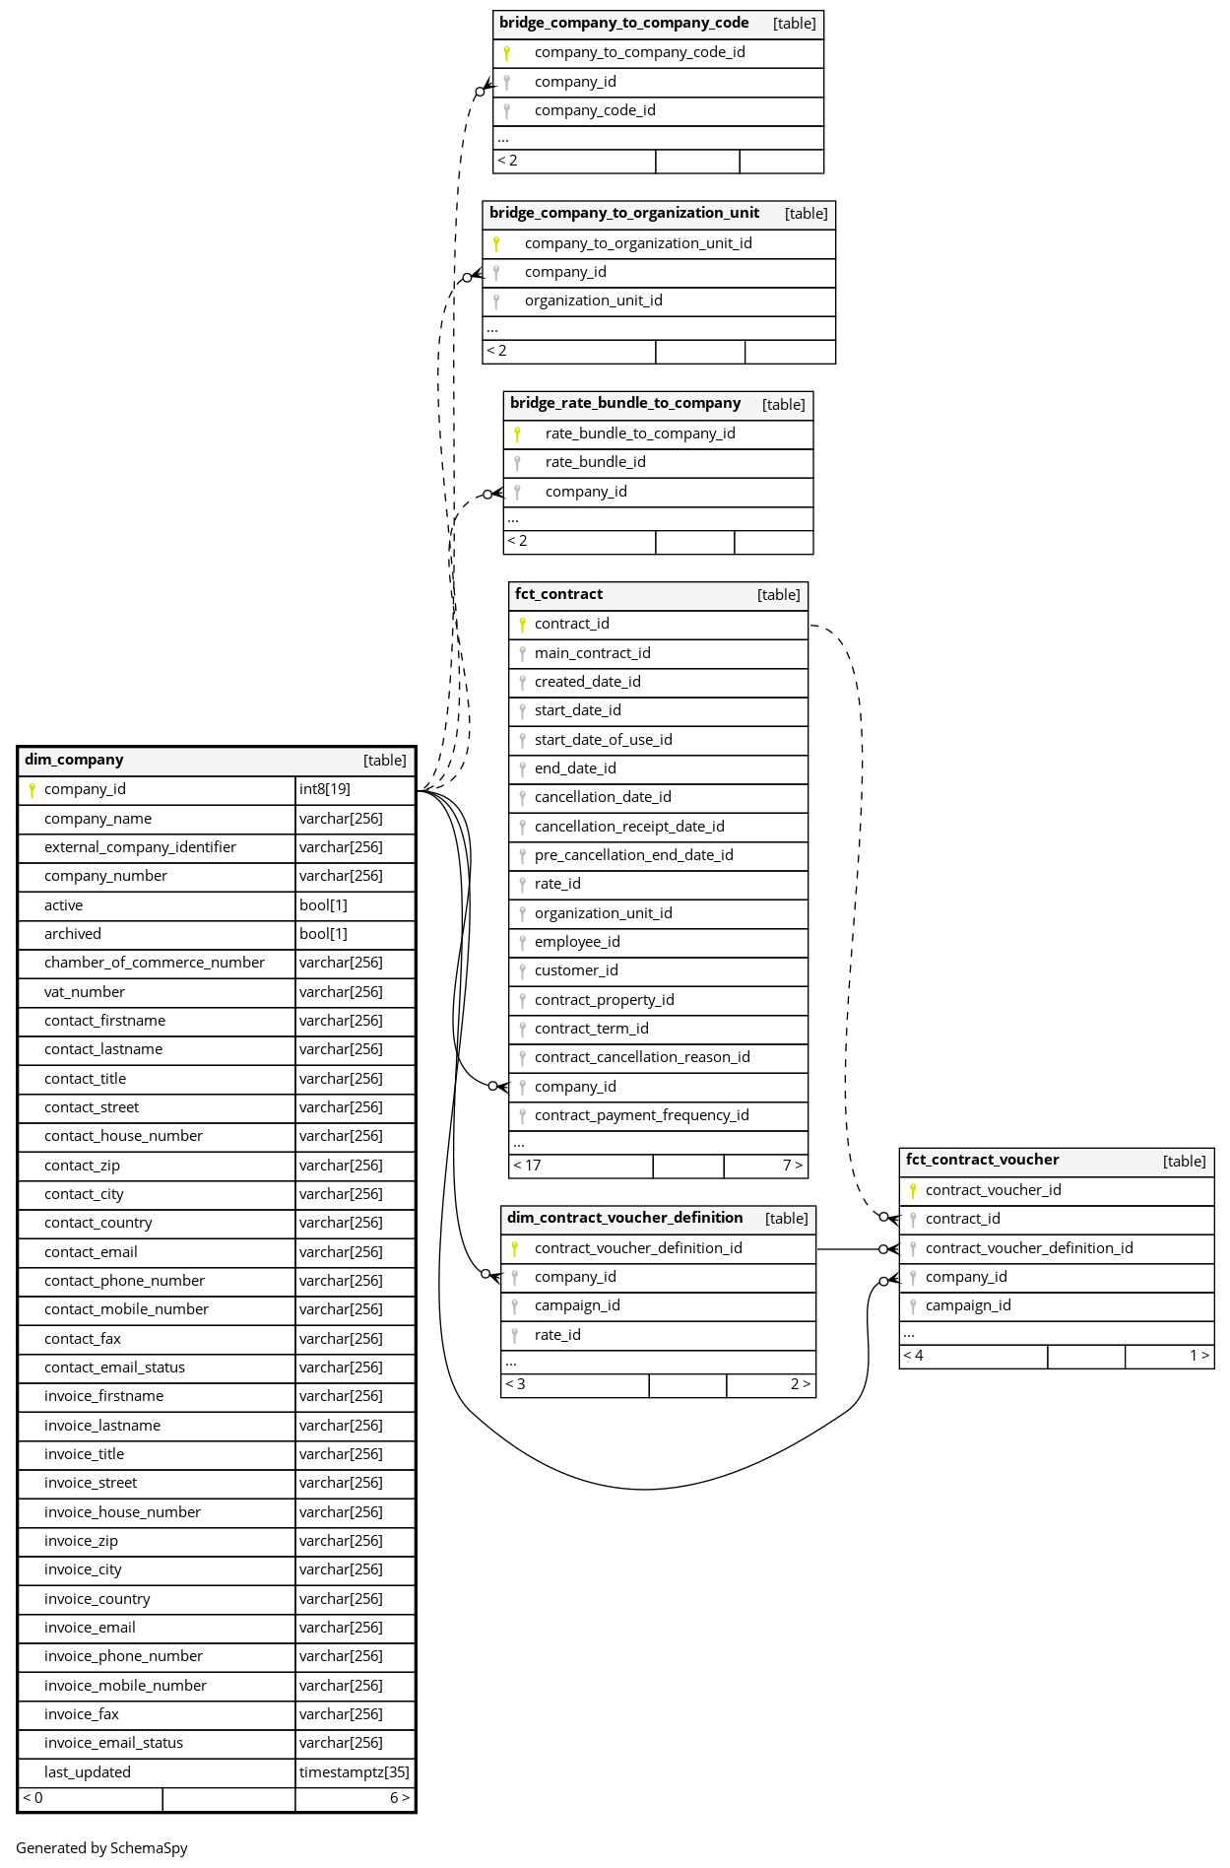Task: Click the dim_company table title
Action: tap(75, 760)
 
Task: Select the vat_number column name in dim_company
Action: tap(85, 992)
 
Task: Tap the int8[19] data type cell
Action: tap(325, 789)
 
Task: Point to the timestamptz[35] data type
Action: tap(354, 1772)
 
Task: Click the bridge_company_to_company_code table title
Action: tap(623, 23)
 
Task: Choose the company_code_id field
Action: tap(595, 110)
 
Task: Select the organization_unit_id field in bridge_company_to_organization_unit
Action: tap(593, 300)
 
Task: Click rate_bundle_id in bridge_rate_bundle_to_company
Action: tap(595, 462)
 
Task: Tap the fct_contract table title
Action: tap(558, 594)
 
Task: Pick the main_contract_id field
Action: tap(592, 653)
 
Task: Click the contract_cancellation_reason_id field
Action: tap(642, 1057)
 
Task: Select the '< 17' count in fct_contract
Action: tap(527, 1166)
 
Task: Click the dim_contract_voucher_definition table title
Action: tap(624, 1218)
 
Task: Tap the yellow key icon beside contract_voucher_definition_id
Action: tap(514, 1248)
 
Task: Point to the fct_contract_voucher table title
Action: tap(982, 1160)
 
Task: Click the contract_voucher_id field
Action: tap(993, 1190)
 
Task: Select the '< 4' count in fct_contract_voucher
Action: tap(913, 1356)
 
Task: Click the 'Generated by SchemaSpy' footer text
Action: tap(101, 1848)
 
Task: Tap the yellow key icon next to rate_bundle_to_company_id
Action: tap(517, 434)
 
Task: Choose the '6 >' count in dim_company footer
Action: tap(399, 1798)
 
